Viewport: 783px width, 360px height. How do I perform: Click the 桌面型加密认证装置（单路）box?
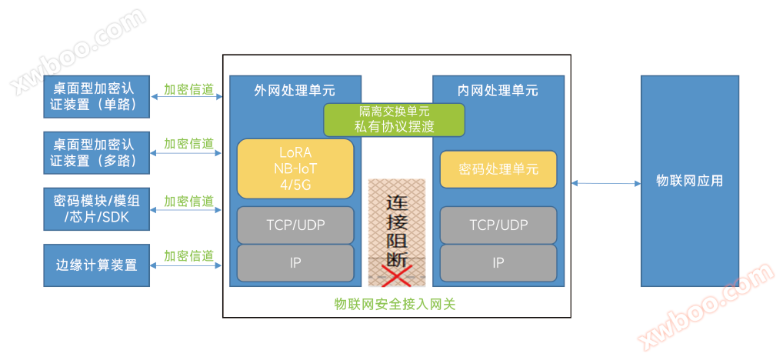(97, 97)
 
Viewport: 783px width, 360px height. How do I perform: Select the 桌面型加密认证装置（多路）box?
(97, 152)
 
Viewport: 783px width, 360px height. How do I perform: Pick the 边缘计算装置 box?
(97, 265)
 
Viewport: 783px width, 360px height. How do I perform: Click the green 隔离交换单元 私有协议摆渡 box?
(394, 119)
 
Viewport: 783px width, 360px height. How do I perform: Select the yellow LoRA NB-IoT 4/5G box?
(295, 168)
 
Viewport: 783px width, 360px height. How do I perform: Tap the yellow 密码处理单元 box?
(498, 169)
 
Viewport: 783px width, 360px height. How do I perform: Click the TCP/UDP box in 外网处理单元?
(295, 225)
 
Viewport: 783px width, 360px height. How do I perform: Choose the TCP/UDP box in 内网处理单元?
(498, 225)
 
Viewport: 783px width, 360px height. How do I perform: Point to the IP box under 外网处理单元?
(295, 263)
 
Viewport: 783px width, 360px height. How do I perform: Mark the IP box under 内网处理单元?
(498, 263)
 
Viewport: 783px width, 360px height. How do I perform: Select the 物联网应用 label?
(689, 182)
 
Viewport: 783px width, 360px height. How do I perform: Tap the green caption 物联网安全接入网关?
(395, 303)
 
